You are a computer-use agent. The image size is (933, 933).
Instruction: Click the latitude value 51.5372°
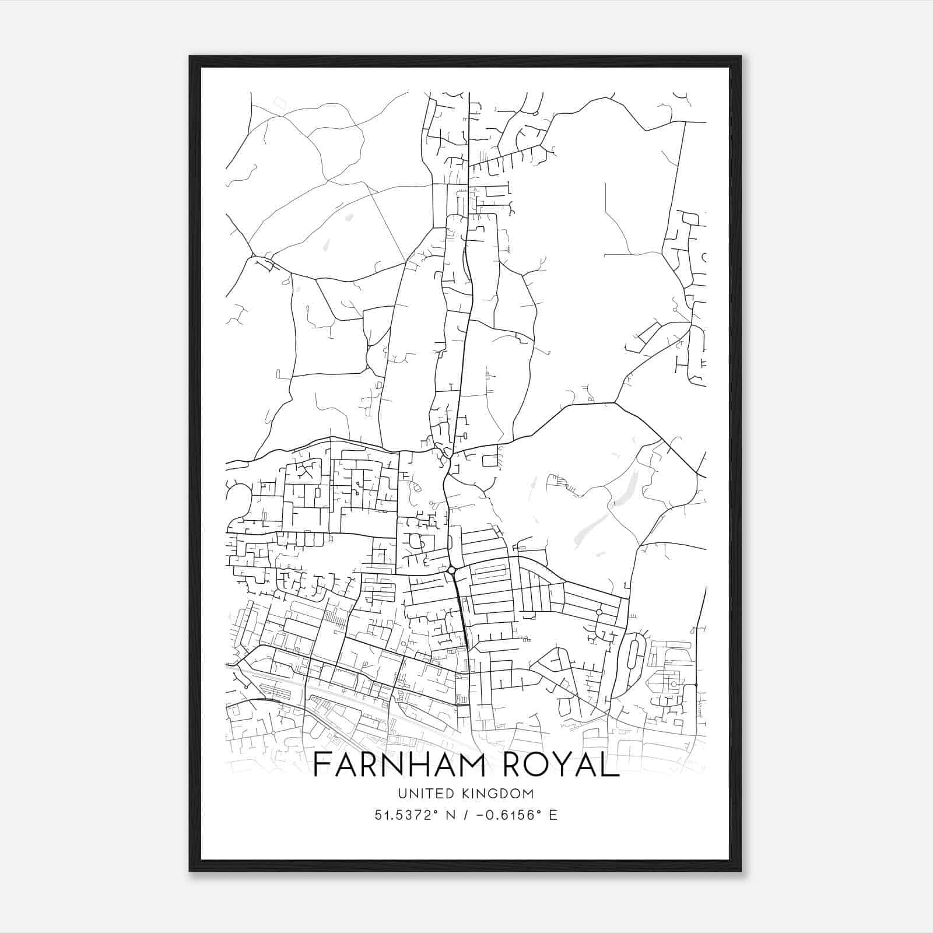pos(406,815)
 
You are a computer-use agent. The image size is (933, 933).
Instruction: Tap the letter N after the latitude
pos(450,815)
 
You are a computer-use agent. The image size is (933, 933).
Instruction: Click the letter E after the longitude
pos(553,815)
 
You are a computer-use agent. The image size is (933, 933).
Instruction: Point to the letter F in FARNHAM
pos(320,765)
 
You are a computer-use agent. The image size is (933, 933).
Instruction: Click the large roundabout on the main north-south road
pos(451,570)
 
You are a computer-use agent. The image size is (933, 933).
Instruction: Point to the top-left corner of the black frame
pos(190,56)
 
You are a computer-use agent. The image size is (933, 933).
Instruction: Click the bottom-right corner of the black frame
pos(741,871)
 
